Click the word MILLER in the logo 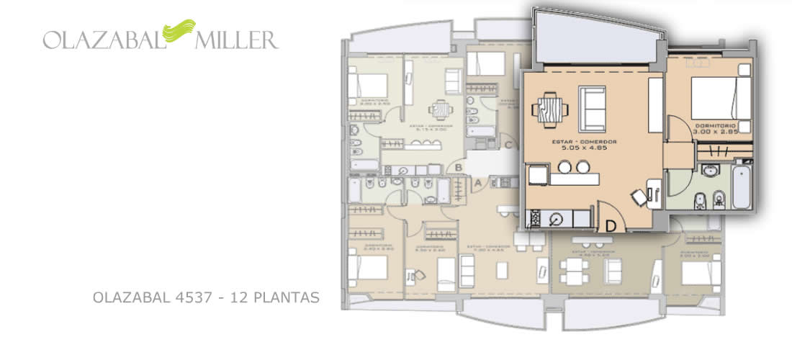[235, 39]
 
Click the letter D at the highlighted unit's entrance [611, 225]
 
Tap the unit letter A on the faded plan [477, 183]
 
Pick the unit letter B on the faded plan [458, 168]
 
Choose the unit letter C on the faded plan [508, 145]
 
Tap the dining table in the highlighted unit [550, 109]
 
